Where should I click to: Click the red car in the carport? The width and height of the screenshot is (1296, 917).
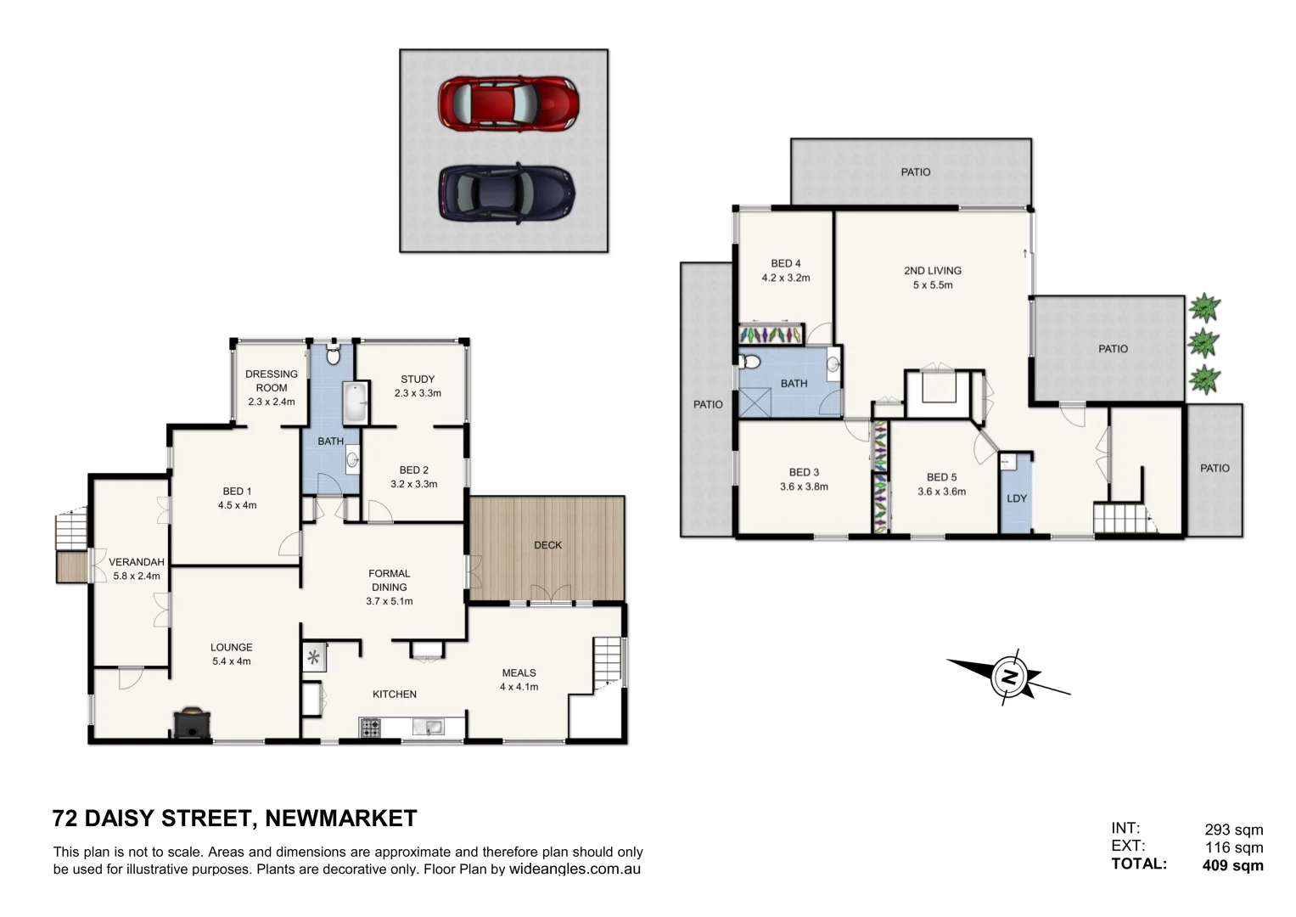click(x=508, y=104)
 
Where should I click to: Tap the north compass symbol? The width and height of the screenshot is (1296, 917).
click(x=1009, y=677)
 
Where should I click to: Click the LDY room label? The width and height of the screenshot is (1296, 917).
click(x=1016, y=498)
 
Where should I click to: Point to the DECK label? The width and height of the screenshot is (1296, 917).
click(x=547, y=545)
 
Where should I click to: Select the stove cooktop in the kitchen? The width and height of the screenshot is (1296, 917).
click(x=370, y=728)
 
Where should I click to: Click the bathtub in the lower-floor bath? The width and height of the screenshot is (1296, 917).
click(x=355, y=403)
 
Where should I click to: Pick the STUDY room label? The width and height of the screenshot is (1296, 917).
click(x=418, y=380)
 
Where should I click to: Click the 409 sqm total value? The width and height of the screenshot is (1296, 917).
click(x=1232, y=866)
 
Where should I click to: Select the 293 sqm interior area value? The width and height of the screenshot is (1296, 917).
click(x=1233, y=830)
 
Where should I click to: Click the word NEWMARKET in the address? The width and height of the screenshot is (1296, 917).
click(x=340, y=819)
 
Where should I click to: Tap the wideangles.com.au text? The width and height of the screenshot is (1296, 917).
click(x=575, y=869)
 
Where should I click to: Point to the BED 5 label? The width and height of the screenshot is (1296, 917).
click(x=941, y=477)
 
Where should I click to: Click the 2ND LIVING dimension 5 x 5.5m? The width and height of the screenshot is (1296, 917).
click(x=932, y=285)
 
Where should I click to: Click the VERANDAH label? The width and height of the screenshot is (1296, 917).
click(x=136, y=562)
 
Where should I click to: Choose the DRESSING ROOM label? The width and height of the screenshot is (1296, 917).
click(x=272, y=380)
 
